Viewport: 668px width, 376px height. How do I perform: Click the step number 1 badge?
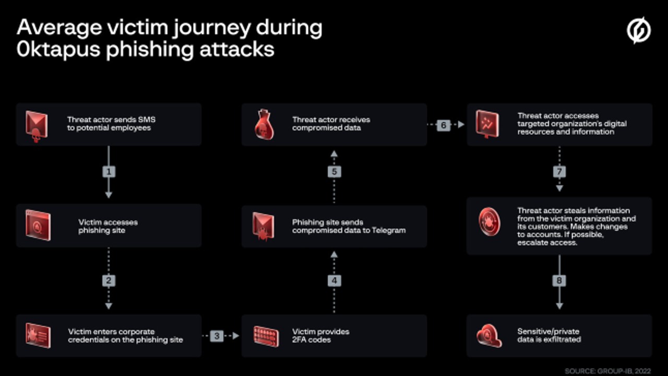coord(109,171)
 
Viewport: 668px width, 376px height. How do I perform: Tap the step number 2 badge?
coord(109,280)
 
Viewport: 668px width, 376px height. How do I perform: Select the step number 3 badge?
coord(217,336)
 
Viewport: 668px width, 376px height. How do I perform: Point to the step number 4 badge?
coord(334,280)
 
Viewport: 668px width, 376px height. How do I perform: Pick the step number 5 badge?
coord(334,171)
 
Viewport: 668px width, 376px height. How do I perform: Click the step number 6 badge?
coord(443,125)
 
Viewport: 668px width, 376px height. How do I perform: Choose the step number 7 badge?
coord(559,171)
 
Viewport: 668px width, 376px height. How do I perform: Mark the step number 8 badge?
coord(559,280)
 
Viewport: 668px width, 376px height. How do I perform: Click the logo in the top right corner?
coord(639,30)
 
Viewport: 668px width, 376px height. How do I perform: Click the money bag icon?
coord(264,125)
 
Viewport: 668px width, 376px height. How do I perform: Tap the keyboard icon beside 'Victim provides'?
coord(266,336)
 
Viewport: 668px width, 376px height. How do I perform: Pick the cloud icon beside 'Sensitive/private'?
coord(489,336)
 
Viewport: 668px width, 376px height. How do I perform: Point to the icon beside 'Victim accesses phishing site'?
coord(38,225)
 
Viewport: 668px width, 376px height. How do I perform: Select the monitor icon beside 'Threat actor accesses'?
coord(487,124)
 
